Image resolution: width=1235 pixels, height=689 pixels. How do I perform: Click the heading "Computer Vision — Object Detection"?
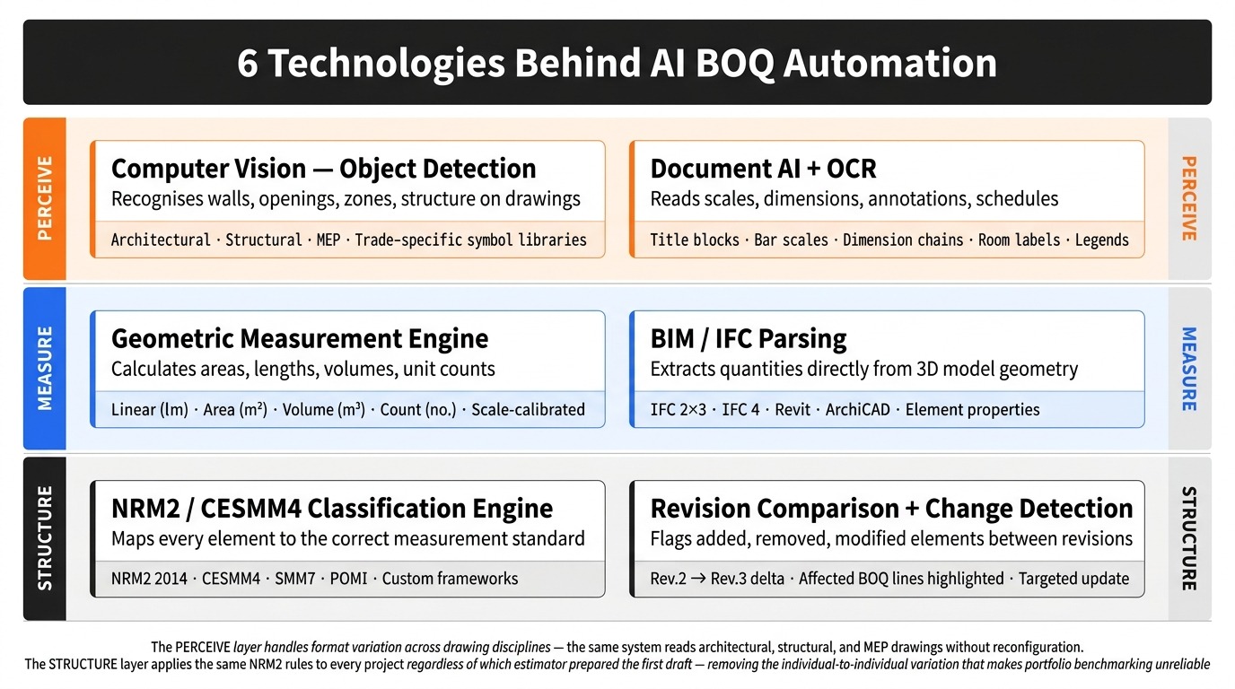(x=323, y=169)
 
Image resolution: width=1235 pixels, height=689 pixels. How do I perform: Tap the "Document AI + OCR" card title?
(x=763, y=169)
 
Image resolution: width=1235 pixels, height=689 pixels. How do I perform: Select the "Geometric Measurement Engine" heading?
(x=300, y=338)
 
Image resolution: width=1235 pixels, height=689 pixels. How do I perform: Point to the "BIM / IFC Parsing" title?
(x=748, y=338)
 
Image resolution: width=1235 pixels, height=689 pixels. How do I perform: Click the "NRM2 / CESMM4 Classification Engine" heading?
(x=331, y=508)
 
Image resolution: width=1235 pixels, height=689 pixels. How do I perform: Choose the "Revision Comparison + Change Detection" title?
(x=890, y=508)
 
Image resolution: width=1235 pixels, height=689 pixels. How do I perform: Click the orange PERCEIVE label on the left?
(x=45, y=199)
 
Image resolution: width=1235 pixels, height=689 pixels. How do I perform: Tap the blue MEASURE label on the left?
(x=45, y=368)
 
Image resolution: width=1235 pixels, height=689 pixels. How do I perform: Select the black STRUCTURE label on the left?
(x=45, y=537)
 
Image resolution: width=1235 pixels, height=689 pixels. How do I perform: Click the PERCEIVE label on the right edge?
(x=1188, y=199)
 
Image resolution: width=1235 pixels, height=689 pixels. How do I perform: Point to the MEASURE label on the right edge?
(x=1188, y=368)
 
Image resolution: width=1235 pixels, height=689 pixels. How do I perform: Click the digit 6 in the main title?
(x=247, y=64)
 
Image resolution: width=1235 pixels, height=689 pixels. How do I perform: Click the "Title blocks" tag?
(x=694, y=240)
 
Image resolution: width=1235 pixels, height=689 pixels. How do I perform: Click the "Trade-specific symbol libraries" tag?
(x=470, y=240)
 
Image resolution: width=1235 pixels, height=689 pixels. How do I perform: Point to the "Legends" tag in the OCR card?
(x=1101, y=240)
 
